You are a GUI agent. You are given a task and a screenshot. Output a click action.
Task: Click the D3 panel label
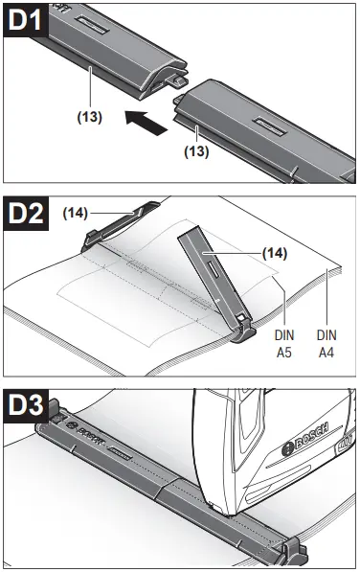click(x=29, y=405)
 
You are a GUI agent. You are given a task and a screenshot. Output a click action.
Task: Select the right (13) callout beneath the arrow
click(x=197, y=150)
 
